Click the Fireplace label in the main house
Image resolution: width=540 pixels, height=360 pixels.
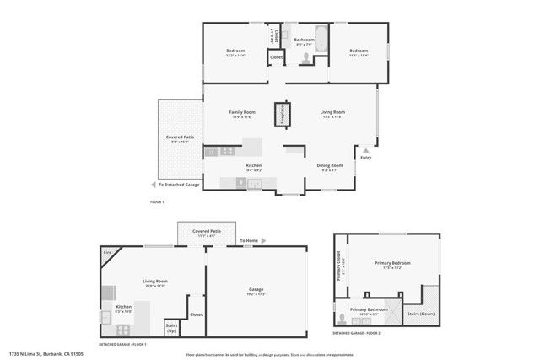coord(283,115)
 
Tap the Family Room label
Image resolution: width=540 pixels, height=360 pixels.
coord(242,112)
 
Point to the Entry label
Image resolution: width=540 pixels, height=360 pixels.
coord(365,158)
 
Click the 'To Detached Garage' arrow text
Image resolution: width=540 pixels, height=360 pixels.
coord(180,184)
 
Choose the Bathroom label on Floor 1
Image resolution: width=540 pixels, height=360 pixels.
coord(304,40)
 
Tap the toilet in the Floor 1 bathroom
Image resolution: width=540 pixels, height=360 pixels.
coord(305,59)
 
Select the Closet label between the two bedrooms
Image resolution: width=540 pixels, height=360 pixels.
coord(276,57)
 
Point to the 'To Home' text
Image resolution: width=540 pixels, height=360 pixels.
coord(248,241)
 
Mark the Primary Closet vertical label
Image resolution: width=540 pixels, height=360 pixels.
coord(339,265)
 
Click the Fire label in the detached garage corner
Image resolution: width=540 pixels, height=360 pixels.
coord(107,252)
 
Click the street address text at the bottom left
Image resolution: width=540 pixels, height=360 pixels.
coord(40,355)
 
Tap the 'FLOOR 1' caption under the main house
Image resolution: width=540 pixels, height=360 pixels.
coord(157,203)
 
